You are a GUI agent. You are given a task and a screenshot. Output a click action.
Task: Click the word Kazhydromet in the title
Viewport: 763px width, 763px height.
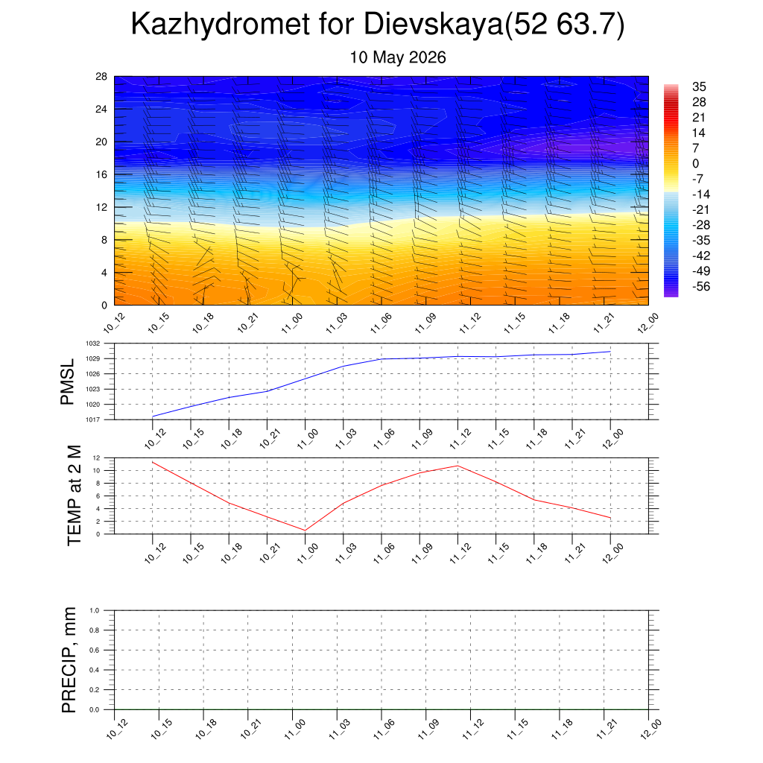(x=220, y=25)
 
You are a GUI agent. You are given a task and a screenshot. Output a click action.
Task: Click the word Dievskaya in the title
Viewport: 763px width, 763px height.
(x=433, y=25)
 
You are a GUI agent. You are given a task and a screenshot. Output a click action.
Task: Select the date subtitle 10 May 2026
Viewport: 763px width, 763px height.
(x=398, y=57)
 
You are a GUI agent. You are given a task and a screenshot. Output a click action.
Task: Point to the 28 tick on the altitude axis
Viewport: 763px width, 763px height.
(x=101, y=77)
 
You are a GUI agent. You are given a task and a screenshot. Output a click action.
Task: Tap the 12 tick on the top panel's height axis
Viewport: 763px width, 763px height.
(x=101, y=207)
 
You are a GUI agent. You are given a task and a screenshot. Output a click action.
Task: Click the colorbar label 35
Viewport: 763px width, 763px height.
(x=699, y=86)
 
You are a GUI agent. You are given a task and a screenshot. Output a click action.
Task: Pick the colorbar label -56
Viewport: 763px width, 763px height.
(x=701, y=287)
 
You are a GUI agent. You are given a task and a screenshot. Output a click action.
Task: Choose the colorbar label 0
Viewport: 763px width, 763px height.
(x=695, y=163)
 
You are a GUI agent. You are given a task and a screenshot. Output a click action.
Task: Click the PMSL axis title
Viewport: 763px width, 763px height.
(x=67, y=382)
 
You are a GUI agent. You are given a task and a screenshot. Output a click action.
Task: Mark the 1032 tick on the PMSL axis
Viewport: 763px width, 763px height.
(x=93, y=343)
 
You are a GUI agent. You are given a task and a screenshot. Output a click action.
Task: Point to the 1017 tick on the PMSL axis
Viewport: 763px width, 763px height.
(x=93, y=420)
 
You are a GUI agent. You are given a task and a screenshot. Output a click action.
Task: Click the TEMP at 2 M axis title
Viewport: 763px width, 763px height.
(x=74, y=496)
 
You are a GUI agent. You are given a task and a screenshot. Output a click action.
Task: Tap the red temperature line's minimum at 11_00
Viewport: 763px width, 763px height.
(x=305, y=531)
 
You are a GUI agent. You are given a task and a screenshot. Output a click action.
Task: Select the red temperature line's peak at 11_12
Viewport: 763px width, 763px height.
(x=458, y=466)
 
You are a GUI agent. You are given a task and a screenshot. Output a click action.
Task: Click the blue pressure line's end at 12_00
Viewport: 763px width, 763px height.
(x=610, y=352)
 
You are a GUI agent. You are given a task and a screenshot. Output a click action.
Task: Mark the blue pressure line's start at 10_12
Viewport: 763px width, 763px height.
(x=153, y=417)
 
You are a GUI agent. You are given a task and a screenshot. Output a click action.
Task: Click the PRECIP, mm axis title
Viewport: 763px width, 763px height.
(x=69, y=660)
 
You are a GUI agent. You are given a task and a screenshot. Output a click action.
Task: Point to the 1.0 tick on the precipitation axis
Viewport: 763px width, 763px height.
(x=95, y=610)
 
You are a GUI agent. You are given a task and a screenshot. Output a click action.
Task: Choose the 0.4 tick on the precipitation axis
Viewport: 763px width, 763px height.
(x=95, y=670)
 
